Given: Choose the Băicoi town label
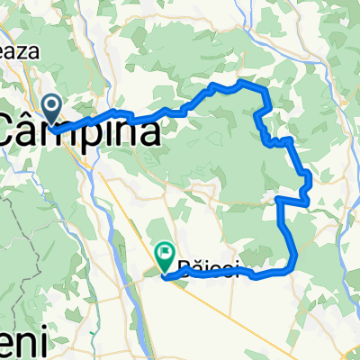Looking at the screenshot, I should pos(208,268).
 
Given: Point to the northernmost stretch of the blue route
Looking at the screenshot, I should pos(238,84).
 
